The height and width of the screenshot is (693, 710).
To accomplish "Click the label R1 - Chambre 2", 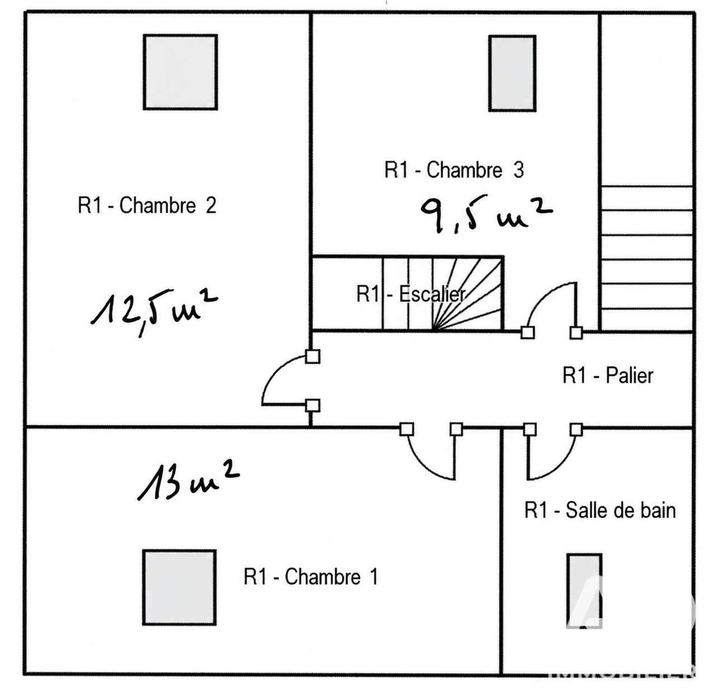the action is [147, 205].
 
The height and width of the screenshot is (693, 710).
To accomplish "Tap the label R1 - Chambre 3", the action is [454, 170].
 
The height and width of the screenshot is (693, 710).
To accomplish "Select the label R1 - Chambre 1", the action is [311, 577].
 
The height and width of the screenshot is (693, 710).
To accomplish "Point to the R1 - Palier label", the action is [608, 376].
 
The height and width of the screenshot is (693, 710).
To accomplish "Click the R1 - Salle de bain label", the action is [600, 510].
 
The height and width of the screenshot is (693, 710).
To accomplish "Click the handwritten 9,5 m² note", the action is [486, 215].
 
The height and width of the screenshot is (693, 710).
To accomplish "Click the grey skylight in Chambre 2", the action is [181, 72].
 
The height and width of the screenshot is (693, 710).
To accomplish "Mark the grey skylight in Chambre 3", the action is [512, 73].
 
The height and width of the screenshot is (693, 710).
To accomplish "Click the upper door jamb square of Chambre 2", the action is [313, 357].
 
